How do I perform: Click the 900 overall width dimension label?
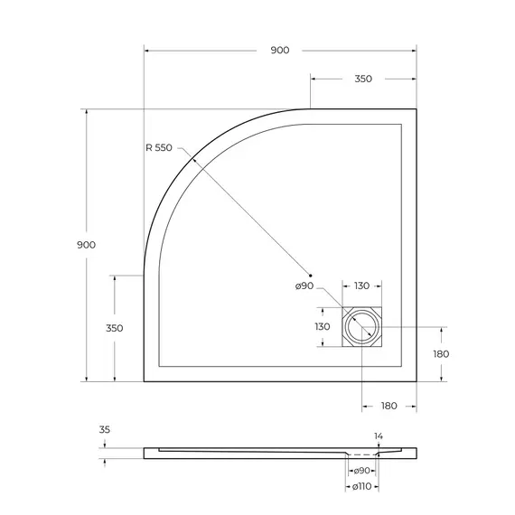click(279, 51)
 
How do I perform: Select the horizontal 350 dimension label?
click(362, 80)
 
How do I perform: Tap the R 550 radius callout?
click(159, 147)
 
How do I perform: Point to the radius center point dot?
click(310, 275)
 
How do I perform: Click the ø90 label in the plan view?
click(304, 286)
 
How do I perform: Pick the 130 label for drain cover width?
click(361, 286)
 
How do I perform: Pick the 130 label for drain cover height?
click(322, 326)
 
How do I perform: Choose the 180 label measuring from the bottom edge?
click(441, 354)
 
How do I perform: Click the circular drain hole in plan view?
click(362, 326)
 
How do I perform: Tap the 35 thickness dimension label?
click(105, 431)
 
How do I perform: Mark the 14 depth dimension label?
click(379, 436)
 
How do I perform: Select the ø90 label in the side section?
click(361, 471)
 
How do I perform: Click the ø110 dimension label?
click(361, 488)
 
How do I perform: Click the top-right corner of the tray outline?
click(416, 109)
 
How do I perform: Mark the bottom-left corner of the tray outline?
click(145, 380)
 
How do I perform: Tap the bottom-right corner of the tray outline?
click(416, 380)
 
